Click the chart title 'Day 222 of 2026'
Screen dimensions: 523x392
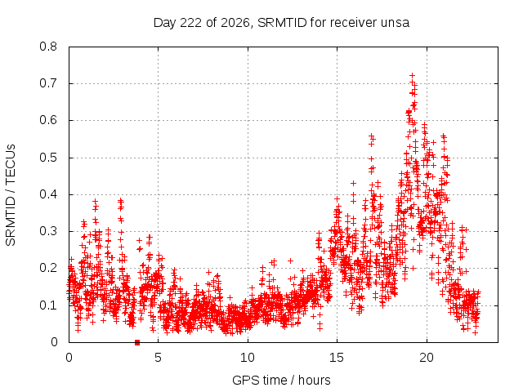(202, 23)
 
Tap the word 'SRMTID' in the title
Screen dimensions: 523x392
(282, 23)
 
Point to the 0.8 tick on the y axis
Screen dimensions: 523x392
(48, 47)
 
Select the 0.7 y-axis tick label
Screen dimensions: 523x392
(48, 83)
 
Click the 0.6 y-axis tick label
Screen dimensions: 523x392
(48, 120)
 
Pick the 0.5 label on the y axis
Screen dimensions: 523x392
(48, 158)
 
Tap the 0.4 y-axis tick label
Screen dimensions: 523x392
(48, 194)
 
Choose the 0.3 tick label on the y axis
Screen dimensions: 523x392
(48, 231)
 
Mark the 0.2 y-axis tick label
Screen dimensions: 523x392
(48, 268)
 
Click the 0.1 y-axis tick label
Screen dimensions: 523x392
(48, 305)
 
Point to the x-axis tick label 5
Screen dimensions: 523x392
(158, 358)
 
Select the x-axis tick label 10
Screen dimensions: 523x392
(248, 358)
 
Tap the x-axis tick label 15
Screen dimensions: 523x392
(337, 358)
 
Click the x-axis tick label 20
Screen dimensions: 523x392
(427, 358)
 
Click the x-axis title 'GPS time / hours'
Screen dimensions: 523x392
(281, 380)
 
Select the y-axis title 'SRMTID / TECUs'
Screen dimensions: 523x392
(11, 195)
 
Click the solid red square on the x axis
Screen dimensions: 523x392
(137, 342)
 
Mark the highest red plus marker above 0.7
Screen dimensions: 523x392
(412, 75)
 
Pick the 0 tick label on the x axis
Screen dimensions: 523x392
(69, 358)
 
